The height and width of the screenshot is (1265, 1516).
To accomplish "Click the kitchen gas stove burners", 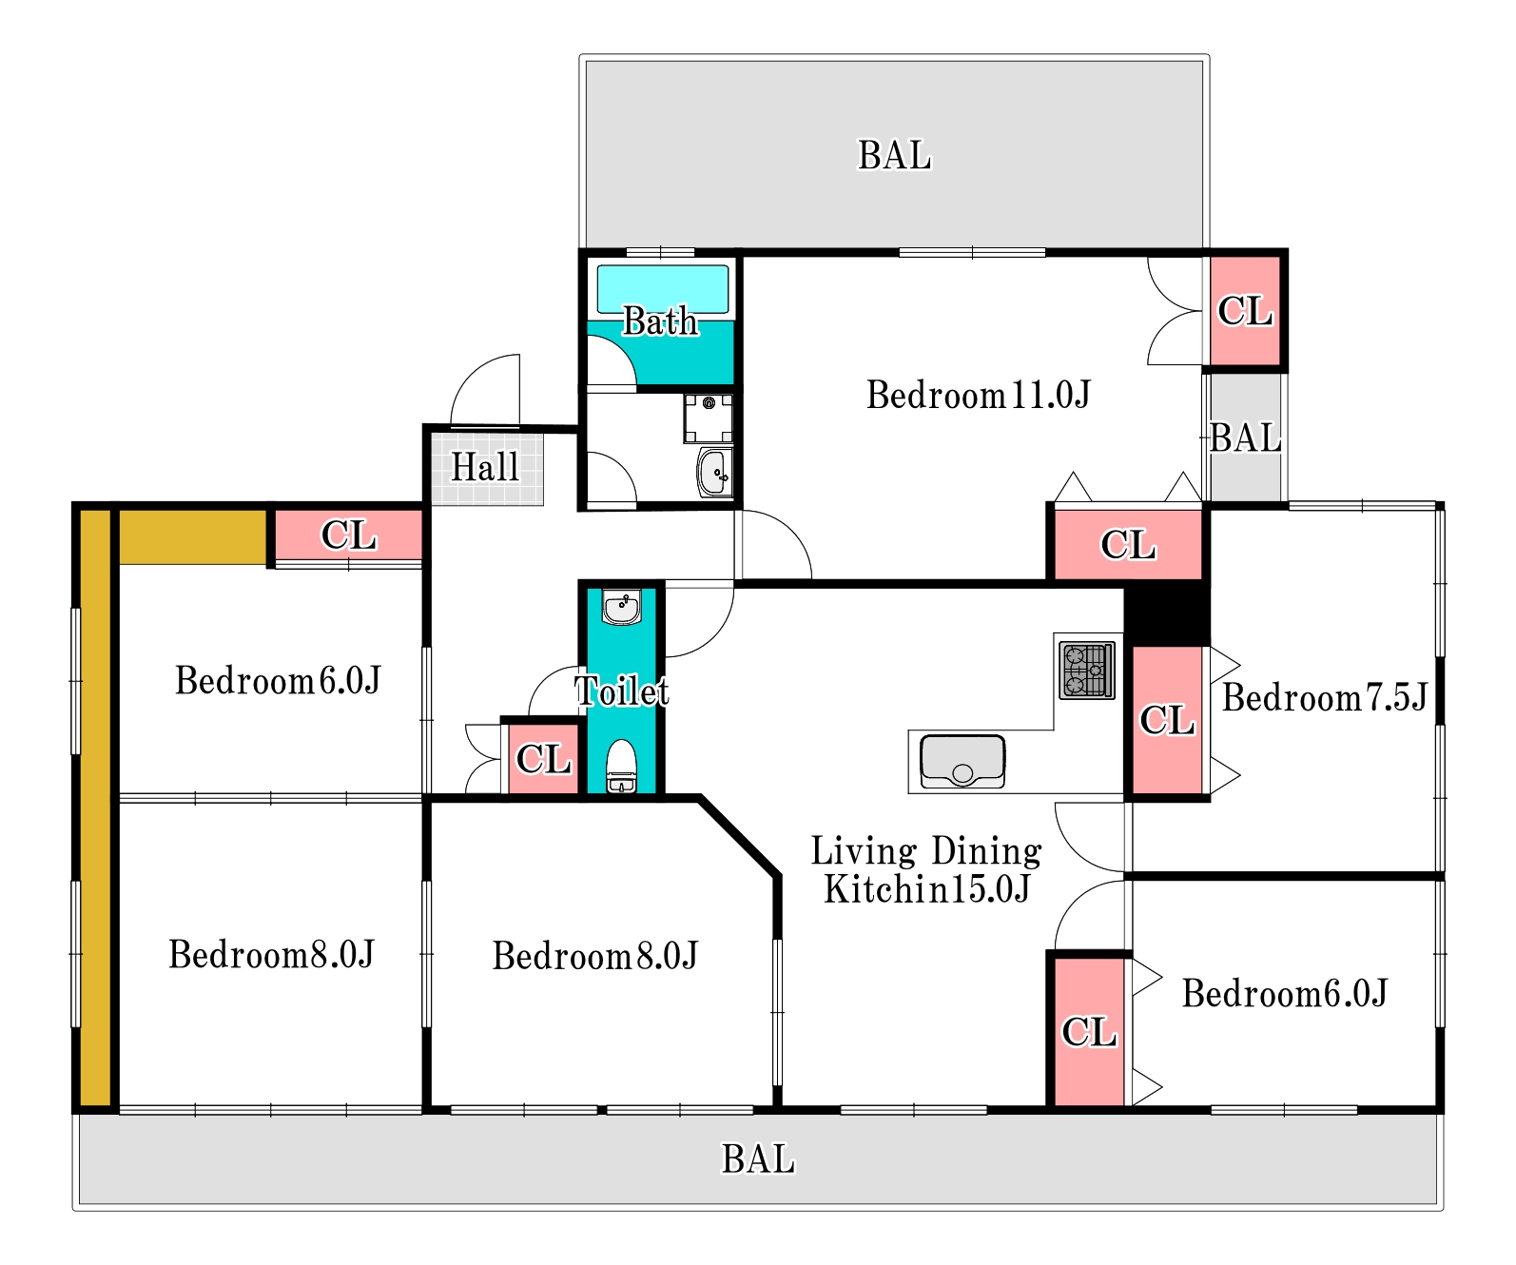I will pyautogui.click(x=1086, y=670).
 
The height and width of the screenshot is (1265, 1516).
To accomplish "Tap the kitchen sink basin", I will pyautogui.click(x=962, y=761).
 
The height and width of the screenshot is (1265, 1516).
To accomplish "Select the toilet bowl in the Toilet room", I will pyautogui.click(x=621, y=764).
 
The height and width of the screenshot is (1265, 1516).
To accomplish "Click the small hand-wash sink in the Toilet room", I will pyautogui.click(x=622, y=607).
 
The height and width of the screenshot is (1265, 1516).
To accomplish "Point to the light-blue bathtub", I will pyautogui.click(x=662, y=288).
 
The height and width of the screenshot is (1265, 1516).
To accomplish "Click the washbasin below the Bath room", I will pyautogui.click(x=714, y=472).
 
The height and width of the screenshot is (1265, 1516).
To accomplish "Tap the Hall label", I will pyautogui.click(x=485, y=468).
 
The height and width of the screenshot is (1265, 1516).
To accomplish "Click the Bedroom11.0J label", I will pyautogui.click(x=978, y=395).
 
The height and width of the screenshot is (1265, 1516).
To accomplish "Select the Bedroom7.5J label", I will pyautogui.click(x=1324, y=698).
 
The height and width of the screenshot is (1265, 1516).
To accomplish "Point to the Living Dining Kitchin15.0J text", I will pyautogui.click(x=926, y=869).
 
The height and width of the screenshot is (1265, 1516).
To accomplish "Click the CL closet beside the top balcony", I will pyautogui.click(x=1244, y=311).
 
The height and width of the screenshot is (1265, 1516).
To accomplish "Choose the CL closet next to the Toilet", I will pyautogui.click(x=543, y=759).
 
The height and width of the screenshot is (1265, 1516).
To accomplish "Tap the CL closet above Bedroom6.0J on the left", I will pyautogui.click(x=348, y=535).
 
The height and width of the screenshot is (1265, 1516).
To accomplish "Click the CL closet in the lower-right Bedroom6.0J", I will pyautogui.click(x=1088, y=1031).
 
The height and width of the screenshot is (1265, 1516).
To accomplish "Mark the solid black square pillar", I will pyautogui.click(x=1167, y=614).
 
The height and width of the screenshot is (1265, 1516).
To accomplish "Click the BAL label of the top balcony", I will pyautogui.click(x=894, y=155).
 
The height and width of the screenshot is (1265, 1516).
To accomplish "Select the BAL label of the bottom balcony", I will pyautogui.click(x=757, y=1159).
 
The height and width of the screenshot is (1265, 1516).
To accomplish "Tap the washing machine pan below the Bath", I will pyautogui.click(x=708, y=418).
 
